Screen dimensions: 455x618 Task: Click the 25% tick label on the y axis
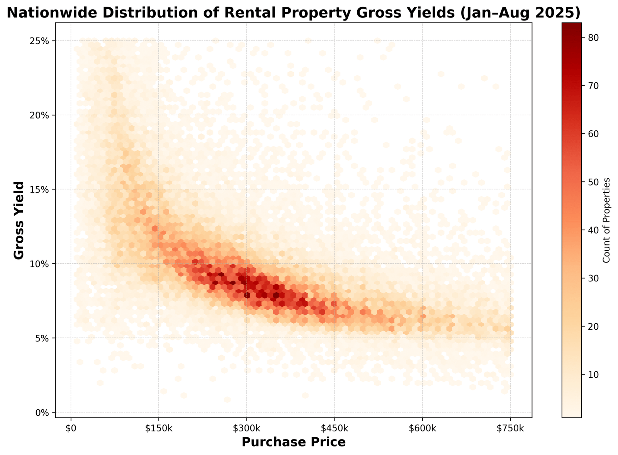[x=39, y=41]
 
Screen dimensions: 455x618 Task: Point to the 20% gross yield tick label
[x=39, y=115]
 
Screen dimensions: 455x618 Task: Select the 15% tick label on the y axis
[x=39, y=189]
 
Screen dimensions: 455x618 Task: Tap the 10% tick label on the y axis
[x=39, y=264]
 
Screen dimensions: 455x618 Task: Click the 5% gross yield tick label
[x=42, y=338]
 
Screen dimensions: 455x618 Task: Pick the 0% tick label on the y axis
[x=42, y=412]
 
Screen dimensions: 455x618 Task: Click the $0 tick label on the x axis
[x=71, y=428]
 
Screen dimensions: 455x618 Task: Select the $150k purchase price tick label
[x=159, y=428]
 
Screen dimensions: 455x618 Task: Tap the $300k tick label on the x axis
[x=246, y=428]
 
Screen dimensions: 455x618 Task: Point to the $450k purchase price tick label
[x=334, y=428]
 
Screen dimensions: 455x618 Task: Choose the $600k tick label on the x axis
[x=423, y=428]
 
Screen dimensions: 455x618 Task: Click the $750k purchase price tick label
[x=510, y=428]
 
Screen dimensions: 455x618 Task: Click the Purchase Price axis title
[x=294, y=442]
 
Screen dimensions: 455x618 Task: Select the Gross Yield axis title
[x=19, y=220]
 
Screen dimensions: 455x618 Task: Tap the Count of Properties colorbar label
[x=606, y=220]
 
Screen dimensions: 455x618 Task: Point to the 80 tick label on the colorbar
[x=594, y=37]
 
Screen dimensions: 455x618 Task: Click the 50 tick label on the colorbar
[x=594, y=182]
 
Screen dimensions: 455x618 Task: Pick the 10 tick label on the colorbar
[x=594, y=375]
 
